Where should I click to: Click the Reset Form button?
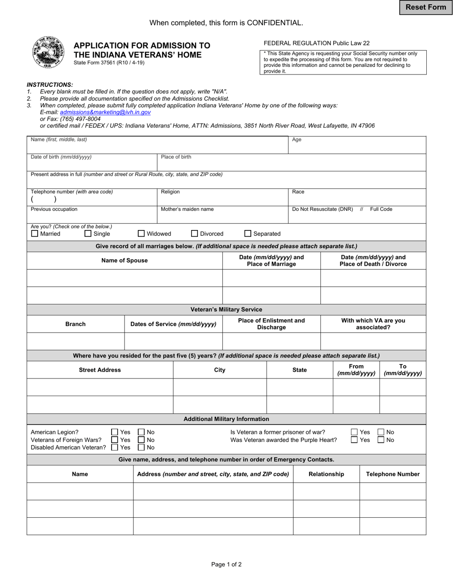point(426,7)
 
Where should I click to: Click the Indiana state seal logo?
point(48,52)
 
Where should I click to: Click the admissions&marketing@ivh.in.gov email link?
point(105,112)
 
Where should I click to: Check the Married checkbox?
point(34,234)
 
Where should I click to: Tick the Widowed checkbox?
point(141,234)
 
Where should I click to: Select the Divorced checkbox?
point(195,234)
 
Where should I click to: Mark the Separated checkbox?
point(248,234)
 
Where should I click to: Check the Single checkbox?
point(88,234)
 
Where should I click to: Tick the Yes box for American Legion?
point(114,432)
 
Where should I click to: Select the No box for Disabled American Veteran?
point(141,448)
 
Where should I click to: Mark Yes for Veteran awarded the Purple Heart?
point(354,440)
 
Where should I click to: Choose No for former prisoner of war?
point(381,432)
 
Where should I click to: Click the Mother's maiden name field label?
point(187,209)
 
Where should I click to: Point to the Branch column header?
point(75,324)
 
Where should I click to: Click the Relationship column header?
point(326,474)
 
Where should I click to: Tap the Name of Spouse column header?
point(124,261)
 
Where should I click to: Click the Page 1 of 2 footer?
point(226,564)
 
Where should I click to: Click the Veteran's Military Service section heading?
point(226,310)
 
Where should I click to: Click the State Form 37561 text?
point(109,63)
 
